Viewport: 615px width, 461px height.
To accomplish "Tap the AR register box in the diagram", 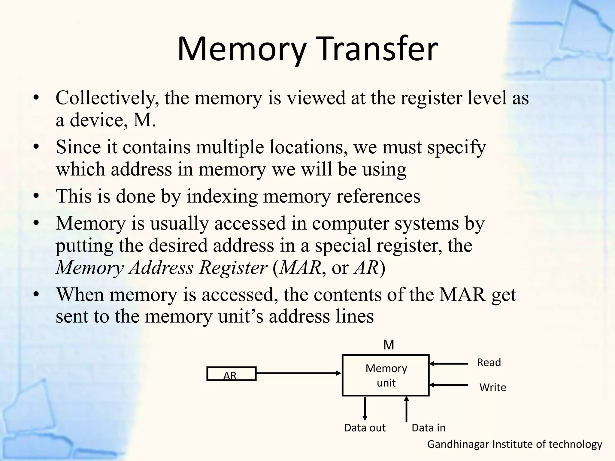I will (231, 374).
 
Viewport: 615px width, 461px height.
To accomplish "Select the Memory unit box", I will (386, 375).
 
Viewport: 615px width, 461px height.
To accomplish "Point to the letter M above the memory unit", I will (389, 345).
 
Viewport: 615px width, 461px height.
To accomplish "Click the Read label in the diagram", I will (489, 363).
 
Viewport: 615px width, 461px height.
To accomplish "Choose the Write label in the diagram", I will (492, 387).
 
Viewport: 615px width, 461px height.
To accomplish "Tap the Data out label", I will (365, 428).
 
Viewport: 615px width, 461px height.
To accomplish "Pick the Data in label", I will (428, 428).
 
